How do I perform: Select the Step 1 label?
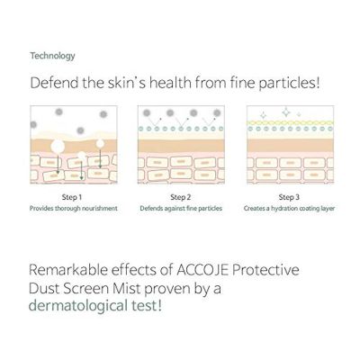tap(68, 196)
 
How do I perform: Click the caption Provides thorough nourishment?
tap(68, 208)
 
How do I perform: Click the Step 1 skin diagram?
tap(68, 145)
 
